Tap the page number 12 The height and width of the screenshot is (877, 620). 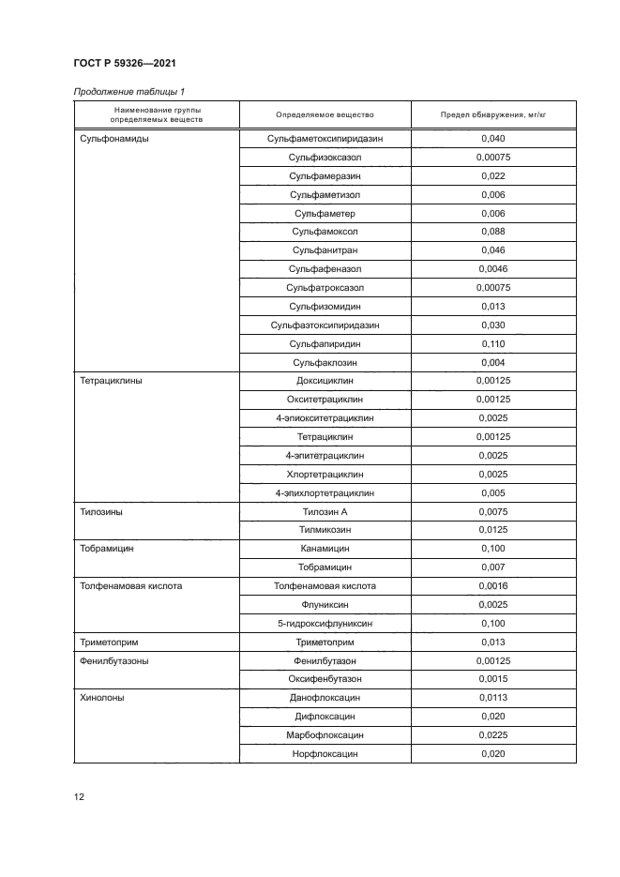pyautogui.click(x=79, y=797)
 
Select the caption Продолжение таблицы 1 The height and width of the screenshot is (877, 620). pyautogui.click(x=129, y=91)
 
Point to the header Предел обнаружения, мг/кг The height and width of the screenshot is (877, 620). pyautogui.click(x=492, y=114)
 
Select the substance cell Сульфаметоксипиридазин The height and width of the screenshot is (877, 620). pyautogui.click(x=325, y=138)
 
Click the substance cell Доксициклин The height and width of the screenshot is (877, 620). pyautogui.click(x=325, y=382)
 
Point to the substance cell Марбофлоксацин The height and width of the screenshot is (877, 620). pyautogui.click(x=325, y=735)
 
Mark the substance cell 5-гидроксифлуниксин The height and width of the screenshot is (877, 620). pyautogui.click(x=325, y=623)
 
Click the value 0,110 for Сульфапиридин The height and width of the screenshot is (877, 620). pyautogui.click(x=492, y=344)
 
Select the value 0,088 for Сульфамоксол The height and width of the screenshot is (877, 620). pyautogui.click(x=492, y=232)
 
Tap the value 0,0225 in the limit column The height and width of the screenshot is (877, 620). pyautogui.click(x=492, y=735)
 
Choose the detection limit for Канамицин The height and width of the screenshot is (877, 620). pyautogui.click(x=492, y=549)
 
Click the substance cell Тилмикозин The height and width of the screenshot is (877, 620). pyautogui.click(x=325, y=530)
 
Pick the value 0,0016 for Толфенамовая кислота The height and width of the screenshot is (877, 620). pyautogui.click(x=492, y=585)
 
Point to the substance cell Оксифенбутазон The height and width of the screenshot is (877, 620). pyautogui.click(x=325, y=678)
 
